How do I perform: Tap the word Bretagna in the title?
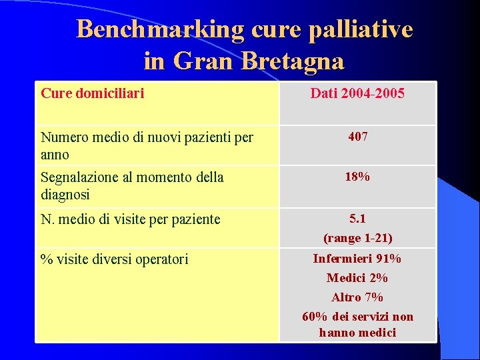293,61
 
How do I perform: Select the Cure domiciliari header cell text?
92,93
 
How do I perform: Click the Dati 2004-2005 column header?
357,93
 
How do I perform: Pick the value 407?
357,137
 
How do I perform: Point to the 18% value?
357,177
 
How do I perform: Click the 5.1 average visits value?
357,218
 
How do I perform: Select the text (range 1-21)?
357,238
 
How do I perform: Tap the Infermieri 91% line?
357,258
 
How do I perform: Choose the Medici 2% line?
357,278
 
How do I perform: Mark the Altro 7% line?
357,297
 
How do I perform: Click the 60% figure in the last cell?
314,317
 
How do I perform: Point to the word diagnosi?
65,195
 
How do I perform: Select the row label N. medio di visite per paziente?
130,219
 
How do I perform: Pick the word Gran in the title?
203,61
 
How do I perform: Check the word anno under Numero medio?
55,155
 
